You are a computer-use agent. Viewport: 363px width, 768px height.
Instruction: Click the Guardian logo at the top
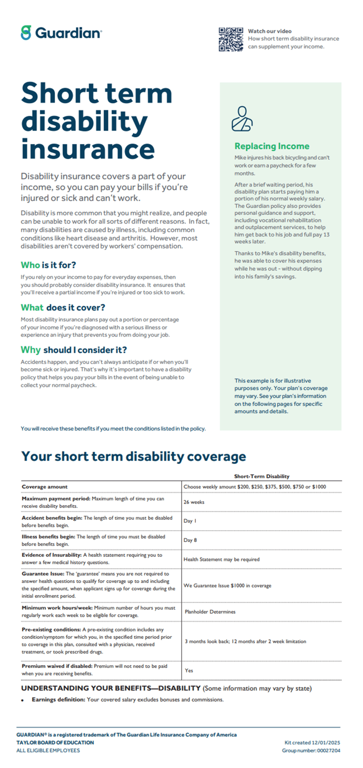click(x=61, y=33)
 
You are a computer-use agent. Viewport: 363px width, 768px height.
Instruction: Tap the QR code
click(x=231, y=39)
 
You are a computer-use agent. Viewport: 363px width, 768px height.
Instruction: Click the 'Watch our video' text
click(x=269, y=31)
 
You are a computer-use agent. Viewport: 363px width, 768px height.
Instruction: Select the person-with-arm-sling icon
click(x=242, y=119)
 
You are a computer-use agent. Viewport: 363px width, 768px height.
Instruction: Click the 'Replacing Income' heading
click(x=272, y=146)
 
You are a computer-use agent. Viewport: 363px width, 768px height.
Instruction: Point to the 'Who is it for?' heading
click(x=48, y=265)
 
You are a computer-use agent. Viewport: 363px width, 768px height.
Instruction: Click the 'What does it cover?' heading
click(x=63, y=307)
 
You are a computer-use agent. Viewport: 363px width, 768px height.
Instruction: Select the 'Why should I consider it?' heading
click(x=74, y=350)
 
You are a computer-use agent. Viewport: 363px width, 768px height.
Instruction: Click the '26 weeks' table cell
click(x=194, y=502)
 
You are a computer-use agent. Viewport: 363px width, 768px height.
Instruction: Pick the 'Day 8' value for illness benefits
click(x=190, y=540)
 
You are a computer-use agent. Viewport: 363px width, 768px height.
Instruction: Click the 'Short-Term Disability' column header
click(x=262, y=476)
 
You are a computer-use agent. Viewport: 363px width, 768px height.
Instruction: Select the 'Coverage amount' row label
click(x=44, y=487)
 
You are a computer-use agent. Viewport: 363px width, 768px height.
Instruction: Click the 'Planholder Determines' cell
click(x=210, y=612)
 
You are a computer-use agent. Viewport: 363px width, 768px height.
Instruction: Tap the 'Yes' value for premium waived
click(x=189, y=670)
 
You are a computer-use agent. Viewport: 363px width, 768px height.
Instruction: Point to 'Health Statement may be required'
click(x=221, y=559)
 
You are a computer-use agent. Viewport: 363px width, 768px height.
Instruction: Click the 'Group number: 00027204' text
click(x=311, y=750)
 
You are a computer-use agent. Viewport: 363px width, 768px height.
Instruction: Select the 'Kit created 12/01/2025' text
click(x=312, y=742)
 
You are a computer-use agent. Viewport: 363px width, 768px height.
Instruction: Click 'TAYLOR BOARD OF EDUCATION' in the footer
click(x=55, y=742)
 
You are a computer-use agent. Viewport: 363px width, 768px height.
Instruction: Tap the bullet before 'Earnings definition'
click(x=23, y=700)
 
